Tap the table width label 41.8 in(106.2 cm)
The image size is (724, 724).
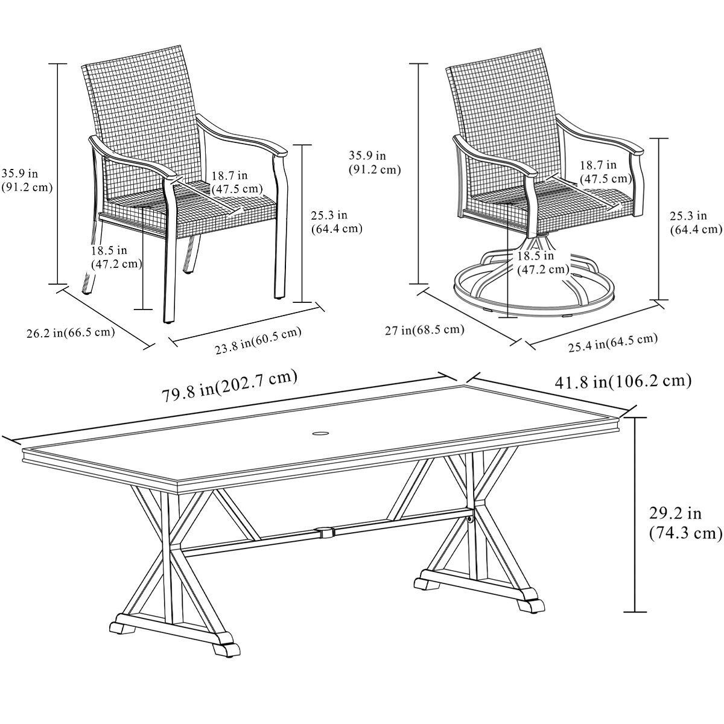622,381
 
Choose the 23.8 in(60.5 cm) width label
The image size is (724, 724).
258,340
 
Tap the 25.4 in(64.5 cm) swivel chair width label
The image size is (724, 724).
612,341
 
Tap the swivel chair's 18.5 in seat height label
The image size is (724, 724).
542,262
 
